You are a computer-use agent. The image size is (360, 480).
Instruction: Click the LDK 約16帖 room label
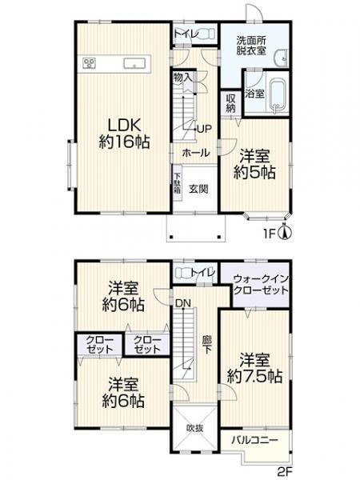click(124, 133)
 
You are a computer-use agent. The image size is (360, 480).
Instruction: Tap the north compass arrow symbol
click(285, 233)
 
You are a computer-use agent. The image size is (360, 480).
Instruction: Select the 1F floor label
click(270, 234)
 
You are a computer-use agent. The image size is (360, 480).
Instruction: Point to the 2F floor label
click(286, 472)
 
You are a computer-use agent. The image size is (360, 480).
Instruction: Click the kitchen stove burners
click(90, 62)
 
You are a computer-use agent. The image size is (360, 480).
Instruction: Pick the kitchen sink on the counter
click(134, 63)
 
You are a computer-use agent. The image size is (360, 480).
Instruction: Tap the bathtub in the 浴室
click(277, 95)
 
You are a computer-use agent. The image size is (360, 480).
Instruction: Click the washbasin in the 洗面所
click(281, 58)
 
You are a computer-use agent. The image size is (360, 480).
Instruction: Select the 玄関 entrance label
click(198, 189)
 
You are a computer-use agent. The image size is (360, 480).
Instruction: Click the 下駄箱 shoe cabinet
click(177, 183)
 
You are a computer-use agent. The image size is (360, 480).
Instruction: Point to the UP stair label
click(204, 129)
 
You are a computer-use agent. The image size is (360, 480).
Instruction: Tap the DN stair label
click(183, 303)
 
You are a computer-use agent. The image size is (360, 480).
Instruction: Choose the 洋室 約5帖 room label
click(254, 164)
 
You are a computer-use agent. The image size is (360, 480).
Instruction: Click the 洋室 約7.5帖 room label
click(254, 367)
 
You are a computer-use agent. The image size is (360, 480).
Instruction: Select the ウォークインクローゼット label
click(261, 284)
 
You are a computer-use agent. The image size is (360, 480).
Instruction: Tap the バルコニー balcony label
click(254, 440)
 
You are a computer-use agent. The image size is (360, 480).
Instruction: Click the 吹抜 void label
click(194, 428)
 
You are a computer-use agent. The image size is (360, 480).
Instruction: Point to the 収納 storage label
click(231, 103)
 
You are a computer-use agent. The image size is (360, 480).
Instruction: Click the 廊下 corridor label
click(207, 345)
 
